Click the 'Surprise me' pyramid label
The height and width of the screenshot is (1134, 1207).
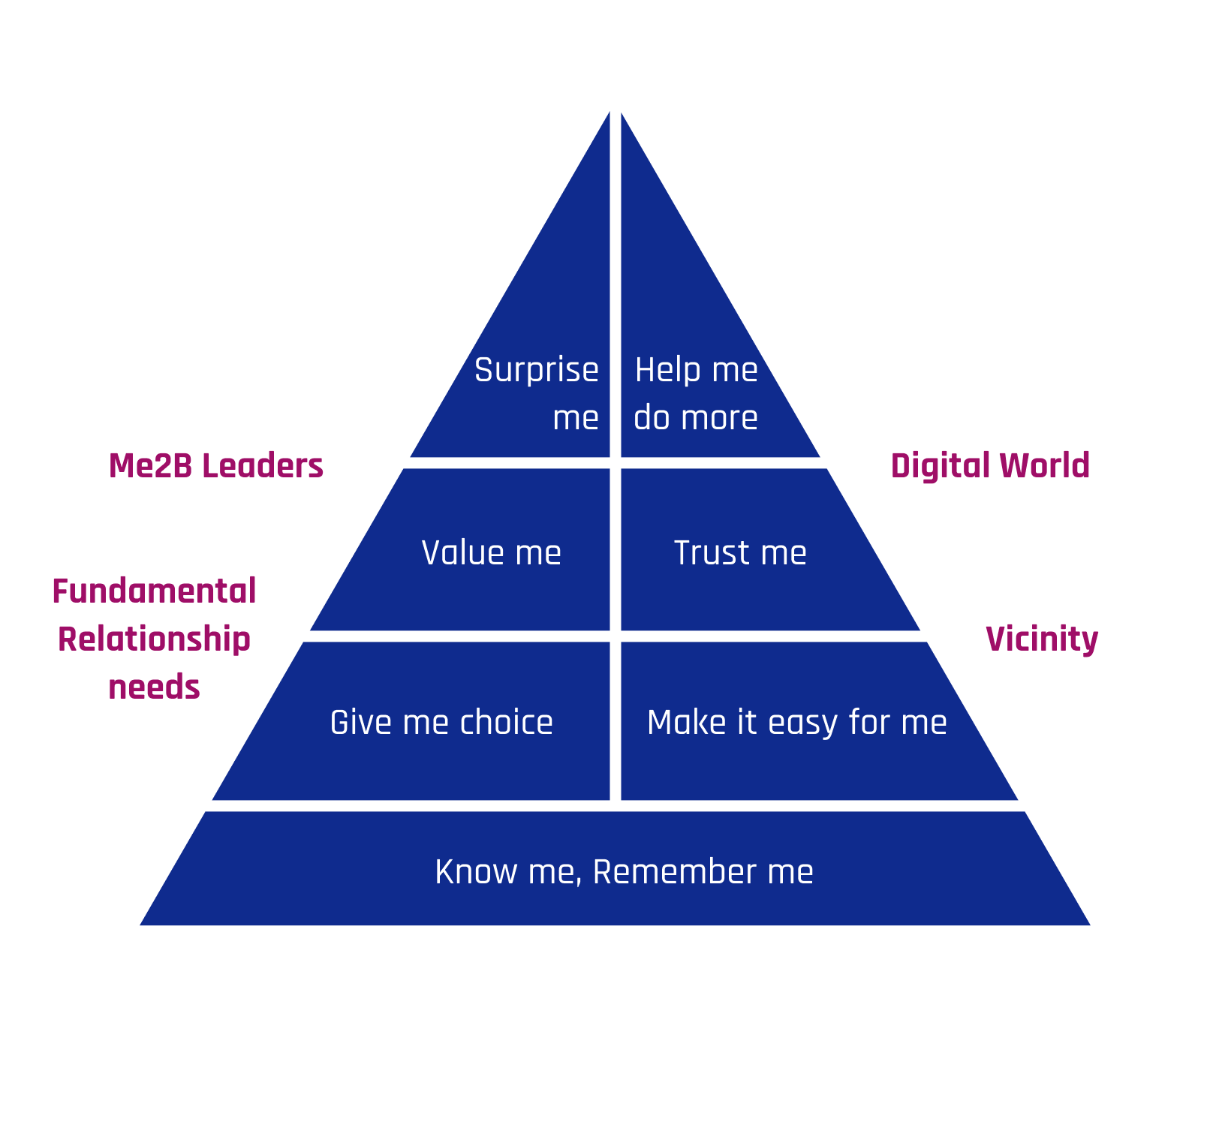pos(537,393)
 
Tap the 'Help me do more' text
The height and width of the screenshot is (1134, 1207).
pos(696,393)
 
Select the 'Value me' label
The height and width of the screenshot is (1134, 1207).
pos(491,553)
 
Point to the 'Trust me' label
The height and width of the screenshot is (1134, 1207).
pos(740,553)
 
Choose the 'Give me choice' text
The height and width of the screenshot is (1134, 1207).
pos(441,723)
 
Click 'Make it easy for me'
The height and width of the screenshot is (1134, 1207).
pos(796,723)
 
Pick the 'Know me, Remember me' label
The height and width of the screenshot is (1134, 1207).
pos(624,872)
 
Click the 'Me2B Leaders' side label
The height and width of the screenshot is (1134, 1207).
pos(216,466)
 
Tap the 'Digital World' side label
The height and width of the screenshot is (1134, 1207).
pos(990,466)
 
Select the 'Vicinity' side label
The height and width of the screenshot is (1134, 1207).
pos(1042,639)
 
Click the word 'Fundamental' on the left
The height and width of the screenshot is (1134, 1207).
pos(155,591)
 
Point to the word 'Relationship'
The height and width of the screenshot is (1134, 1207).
pos(155,639)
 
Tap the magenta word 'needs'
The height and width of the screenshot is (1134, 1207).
pos(155,687)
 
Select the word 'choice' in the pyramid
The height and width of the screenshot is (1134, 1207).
pos(507,723)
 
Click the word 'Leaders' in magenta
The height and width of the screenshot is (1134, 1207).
pos(263,466)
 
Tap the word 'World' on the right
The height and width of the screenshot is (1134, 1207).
pos(1044,466)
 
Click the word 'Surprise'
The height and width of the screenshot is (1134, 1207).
pos(537,370)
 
